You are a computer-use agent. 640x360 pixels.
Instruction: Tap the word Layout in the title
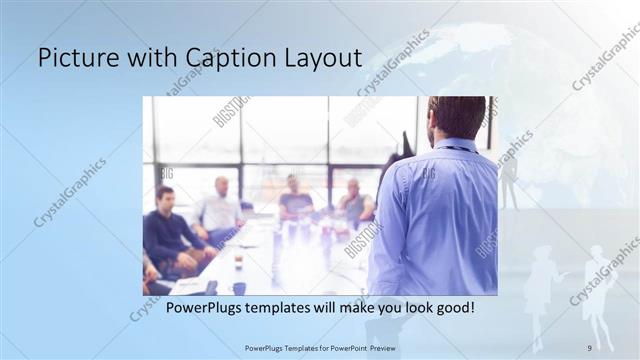[x=319, y=58]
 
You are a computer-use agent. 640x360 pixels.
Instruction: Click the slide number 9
[x=589, y=347]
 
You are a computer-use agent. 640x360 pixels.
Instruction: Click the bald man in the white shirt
[x=221, y=209]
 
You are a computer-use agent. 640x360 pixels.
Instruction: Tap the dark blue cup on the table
[x=240, y=288]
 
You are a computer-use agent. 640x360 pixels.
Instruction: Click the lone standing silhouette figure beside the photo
[x=509, y=180]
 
